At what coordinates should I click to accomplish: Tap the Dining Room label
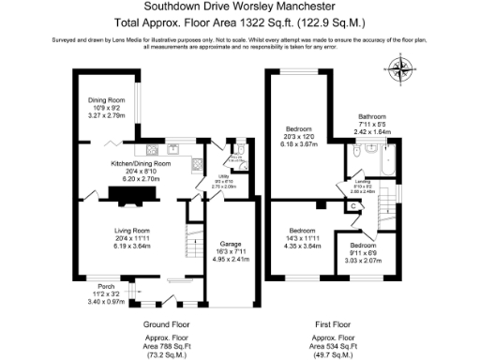(x=107, y=99)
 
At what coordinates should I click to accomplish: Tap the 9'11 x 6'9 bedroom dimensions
(x=366, y=252)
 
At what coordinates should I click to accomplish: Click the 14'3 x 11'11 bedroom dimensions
(x=302, y=238)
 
